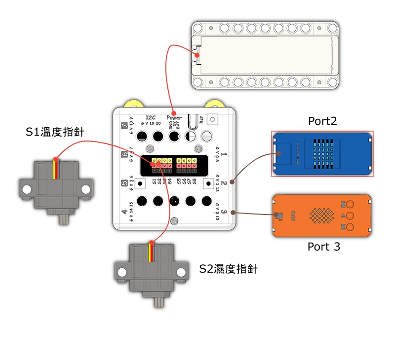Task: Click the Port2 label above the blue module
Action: click(x=322, y=121)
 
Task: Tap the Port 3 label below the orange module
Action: click(x=324, y=247)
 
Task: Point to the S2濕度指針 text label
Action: click(x=228, y=269)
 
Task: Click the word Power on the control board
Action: click(x=174, y=118)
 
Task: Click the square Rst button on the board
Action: click(x=213, y=119)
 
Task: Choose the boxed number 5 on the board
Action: click(x=124, y=183)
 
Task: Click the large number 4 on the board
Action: click(x=124, y=213)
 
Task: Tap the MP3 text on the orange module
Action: click(x=292, y=216)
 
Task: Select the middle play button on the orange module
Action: click(x=350, y=216)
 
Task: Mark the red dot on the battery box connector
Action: click(x=197, y=55)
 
